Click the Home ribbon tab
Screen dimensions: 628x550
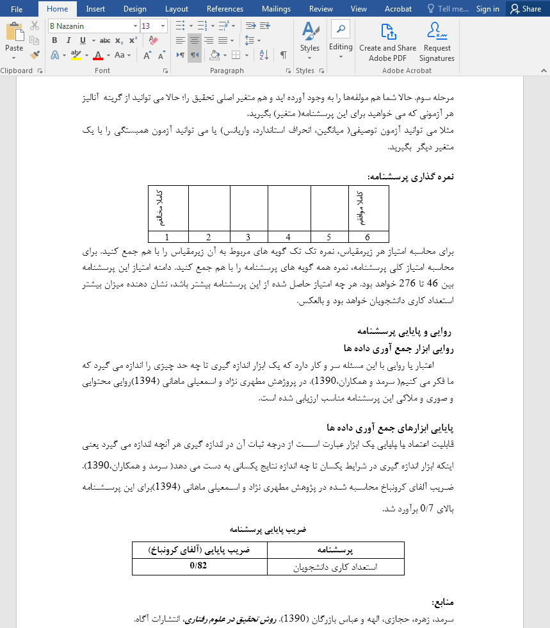(x=57, y=9)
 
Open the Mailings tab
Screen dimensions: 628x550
(x=276, y=9)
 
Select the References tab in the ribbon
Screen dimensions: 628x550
(x=225, y=9)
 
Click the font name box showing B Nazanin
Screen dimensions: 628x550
(x=90, y=26)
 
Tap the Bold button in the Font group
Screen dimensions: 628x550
(x=54, y=40)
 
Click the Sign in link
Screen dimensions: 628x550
(x=487, y=9)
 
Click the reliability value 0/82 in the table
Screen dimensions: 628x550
(x=199, y=566)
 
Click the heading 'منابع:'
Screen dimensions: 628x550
(x=442, y=603)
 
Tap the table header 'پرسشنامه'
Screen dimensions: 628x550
(x=336, y=550)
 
